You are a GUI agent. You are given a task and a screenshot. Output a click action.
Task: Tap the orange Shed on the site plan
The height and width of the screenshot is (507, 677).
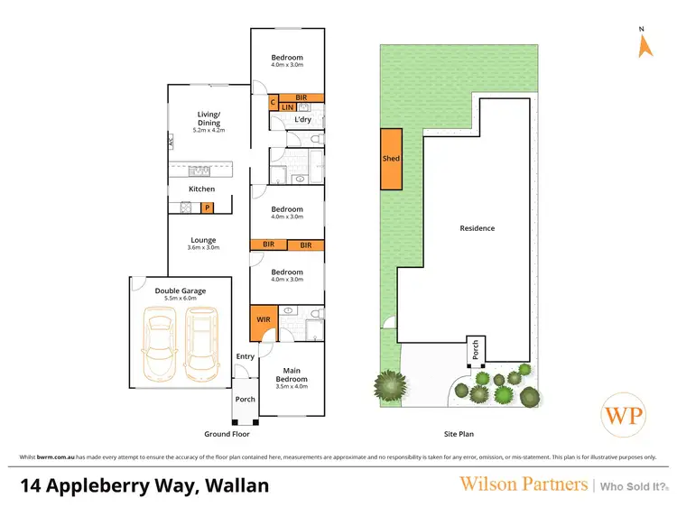391,159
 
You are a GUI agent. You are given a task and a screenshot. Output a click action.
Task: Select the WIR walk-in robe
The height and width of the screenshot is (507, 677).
263,320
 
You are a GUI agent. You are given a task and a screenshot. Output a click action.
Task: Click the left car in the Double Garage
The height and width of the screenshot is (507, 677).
159,344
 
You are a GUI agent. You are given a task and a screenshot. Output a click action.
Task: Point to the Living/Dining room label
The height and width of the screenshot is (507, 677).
209,119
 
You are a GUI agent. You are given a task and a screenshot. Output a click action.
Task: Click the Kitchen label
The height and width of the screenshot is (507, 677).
201,189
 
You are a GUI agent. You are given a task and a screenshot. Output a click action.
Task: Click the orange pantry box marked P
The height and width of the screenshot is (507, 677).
207,207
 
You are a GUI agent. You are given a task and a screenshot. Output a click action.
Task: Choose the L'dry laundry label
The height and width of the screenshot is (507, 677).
302,119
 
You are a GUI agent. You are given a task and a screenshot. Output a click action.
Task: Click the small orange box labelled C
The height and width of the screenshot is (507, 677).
274,103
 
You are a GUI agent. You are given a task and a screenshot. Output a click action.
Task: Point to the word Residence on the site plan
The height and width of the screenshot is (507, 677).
477,228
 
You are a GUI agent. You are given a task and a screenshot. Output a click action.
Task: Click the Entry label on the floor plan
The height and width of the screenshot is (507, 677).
246,356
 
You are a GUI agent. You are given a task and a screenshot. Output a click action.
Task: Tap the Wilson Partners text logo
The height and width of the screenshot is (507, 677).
524,484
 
